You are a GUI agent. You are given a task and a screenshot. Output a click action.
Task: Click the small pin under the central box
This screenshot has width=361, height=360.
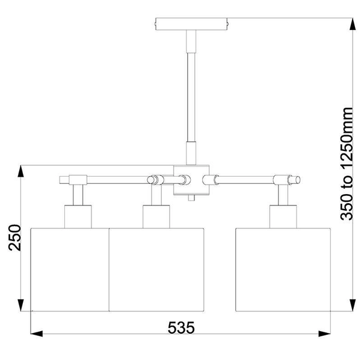(x=191, y=197)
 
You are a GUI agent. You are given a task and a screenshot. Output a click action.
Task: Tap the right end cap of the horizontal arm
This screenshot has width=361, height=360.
(x=297, y=179)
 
